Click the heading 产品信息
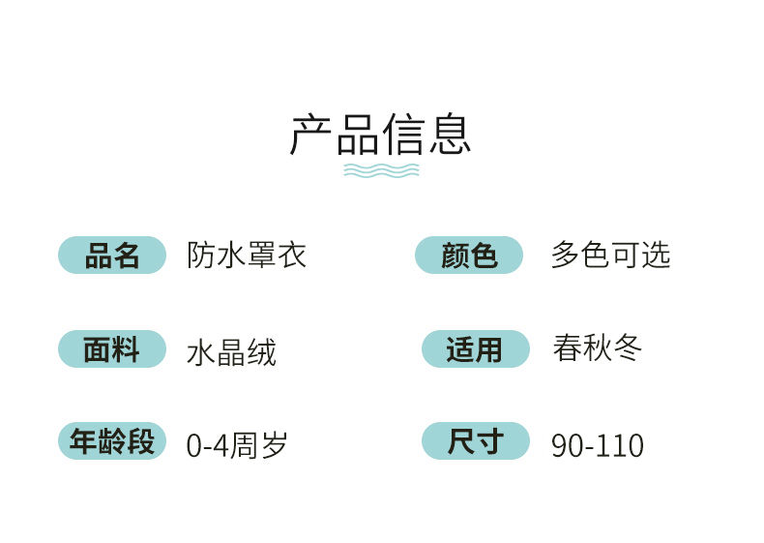(x=380, y=136)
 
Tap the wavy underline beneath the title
(x=381, y=170)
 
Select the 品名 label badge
(x=112, y=256)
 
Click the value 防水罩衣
(x=247, y=255)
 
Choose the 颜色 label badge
(x=469, y=256)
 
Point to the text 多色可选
(x=611, y=255)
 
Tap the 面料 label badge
(x=112, y=348)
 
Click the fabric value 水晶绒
(x=231, y=352)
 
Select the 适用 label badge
(x=476, y=348)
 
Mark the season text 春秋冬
(x=598, y=347)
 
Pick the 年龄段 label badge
(x=112, y=441)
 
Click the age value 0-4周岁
(x=237, y=445)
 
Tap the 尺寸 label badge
(x=476, y=441)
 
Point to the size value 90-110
(x=598, y=445)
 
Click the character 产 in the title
(x=311, y=136)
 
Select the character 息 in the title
(x=451, y=136)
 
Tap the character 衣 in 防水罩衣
(x=292, y=255)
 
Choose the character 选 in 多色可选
(x=657, y=255)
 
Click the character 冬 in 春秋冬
(x=628, y=347)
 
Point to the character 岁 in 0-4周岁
(x=274, y=445)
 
